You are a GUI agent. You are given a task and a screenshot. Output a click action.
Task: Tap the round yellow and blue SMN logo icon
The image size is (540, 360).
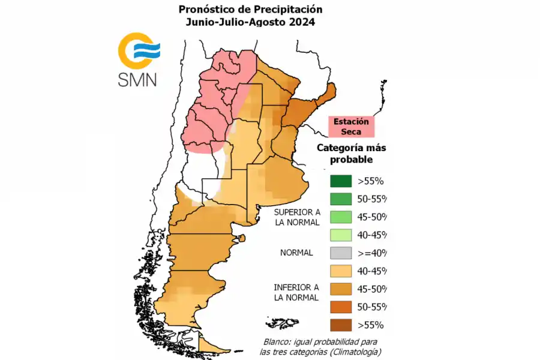137,52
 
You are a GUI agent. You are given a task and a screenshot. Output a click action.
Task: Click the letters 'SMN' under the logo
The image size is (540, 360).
137,80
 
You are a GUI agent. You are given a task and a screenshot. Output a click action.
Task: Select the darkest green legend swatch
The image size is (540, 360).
340,181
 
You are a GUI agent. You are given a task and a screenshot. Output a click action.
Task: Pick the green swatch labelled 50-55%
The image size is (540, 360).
340,199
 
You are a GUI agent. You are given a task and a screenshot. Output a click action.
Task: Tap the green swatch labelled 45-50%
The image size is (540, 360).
340,217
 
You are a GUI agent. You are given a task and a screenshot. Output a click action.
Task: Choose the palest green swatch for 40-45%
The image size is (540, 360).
340,235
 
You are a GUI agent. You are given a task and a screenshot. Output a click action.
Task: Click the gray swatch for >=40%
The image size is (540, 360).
340,253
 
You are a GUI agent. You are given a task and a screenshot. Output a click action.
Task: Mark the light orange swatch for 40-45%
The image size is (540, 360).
340,271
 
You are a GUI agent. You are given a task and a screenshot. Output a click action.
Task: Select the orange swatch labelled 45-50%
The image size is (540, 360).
340,289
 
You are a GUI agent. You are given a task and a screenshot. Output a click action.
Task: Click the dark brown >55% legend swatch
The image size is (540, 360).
340,325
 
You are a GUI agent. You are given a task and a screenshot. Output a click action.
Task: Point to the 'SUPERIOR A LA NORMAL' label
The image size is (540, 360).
296,217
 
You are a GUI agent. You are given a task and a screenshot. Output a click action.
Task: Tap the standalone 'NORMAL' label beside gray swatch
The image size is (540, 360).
296,253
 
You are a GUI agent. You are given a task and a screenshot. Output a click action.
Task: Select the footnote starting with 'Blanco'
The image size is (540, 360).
322,346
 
